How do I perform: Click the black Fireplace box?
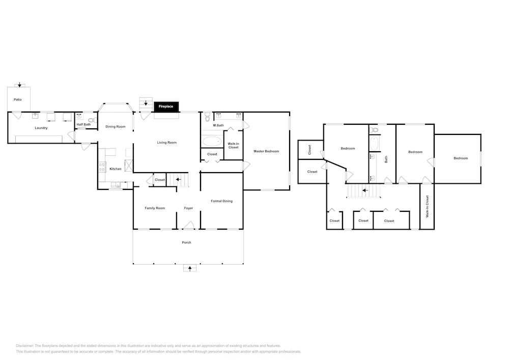[x=166, y=106]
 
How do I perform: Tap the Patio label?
[x=17, y=100]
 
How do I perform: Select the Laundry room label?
[x=41, y=128]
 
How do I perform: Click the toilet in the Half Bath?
[x=92, y=120]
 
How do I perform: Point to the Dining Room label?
[x=115, y=127]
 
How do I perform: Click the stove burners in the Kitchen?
[x=102, y=167]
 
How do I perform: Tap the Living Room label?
[x=167, y=143]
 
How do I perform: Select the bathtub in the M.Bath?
[x=212, y=141]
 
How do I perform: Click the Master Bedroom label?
[x=266, y=151]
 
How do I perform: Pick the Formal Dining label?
[x=222, y=201]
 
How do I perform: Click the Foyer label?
[x=188, y=208]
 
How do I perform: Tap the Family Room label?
[x=155, y=208]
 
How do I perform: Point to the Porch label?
[x=186, y=242]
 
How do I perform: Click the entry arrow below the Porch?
[x=190, y=268]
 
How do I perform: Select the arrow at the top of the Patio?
[x=19, y=85]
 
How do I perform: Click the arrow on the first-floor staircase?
[x=179, y=179]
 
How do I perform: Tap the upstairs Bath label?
[x=386, y=159]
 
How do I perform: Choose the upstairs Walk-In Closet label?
[x=428, y=206]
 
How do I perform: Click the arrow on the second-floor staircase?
[x=365, y=190]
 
